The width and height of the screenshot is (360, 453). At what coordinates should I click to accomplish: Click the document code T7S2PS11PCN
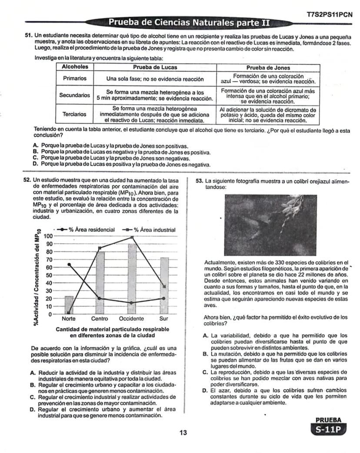click(329, 14)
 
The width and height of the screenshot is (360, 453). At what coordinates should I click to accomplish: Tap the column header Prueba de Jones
click(268, 67)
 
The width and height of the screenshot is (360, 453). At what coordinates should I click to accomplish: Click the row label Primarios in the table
click(75, 79)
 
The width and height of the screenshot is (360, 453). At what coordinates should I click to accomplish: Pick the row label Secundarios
click(75, 95)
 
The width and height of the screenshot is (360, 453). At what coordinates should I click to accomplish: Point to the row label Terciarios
click(75, 114)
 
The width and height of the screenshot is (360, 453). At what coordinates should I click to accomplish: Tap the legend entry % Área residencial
click(86, 229)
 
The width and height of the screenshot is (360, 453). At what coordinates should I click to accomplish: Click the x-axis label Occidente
click(131, 319)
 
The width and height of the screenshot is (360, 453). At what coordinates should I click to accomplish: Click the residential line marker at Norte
click(69, 264)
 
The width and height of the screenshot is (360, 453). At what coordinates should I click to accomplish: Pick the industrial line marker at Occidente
click(132, 237)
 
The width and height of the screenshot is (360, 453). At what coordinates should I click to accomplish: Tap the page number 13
click(183, 433)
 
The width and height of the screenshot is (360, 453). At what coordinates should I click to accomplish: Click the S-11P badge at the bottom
click(329, 429)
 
